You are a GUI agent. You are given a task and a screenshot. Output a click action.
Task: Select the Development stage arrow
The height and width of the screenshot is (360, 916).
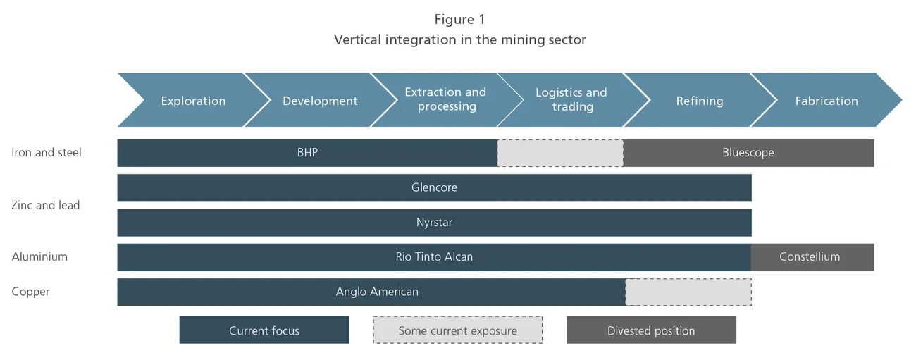pos(320,101)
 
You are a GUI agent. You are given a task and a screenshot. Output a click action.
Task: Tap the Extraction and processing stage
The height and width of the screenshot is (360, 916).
pos(445,100)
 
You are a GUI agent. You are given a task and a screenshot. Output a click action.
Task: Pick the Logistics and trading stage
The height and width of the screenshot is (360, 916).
pos(571,100)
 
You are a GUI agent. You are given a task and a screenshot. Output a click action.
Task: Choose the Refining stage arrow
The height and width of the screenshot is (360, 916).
pos(699,101)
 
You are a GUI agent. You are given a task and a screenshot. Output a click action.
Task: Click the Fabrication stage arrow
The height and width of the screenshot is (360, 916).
pos(827,101)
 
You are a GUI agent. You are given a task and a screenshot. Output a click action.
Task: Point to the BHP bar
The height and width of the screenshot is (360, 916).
pos(307,153)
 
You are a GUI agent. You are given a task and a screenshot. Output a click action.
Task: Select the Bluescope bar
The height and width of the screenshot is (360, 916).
pos(748,153)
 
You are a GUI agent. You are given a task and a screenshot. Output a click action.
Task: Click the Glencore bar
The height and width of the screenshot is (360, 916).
pos(434,187)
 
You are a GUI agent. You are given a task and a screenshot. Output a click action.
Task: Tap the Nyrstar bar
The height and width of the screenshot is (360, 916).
pos(434,223)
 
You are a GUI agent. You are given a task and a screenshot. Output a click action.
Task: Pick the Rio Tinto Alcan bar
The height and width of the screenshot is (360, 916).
pos(434,257)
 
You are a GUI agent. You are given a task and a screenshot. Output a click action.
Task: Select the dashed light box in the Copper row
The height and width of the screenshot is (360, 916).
pos(688,292)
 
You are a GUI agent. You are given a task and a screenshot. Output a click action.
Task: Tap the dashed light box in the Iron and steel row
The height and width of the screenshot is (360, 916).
pos(560,153)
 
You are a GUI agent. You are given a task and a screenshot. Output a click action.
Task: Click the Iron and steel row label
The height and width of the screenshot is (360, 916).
pos(47,153)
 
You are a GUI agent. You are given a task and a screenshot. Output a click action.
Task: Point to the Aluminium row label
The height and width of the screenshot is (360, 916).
pos(39,257)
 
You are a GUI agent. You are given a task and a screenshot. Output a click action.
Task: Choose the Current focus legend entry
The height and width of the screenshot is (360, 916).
pos(264,330)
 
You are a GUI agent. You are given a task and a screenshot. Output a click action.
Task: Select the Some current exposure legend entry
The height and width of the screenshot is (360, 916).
pos(457,330)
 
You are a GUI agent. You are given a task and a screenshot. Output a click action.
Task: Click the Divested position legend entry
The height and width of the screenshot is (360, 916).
pos(651,330)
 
